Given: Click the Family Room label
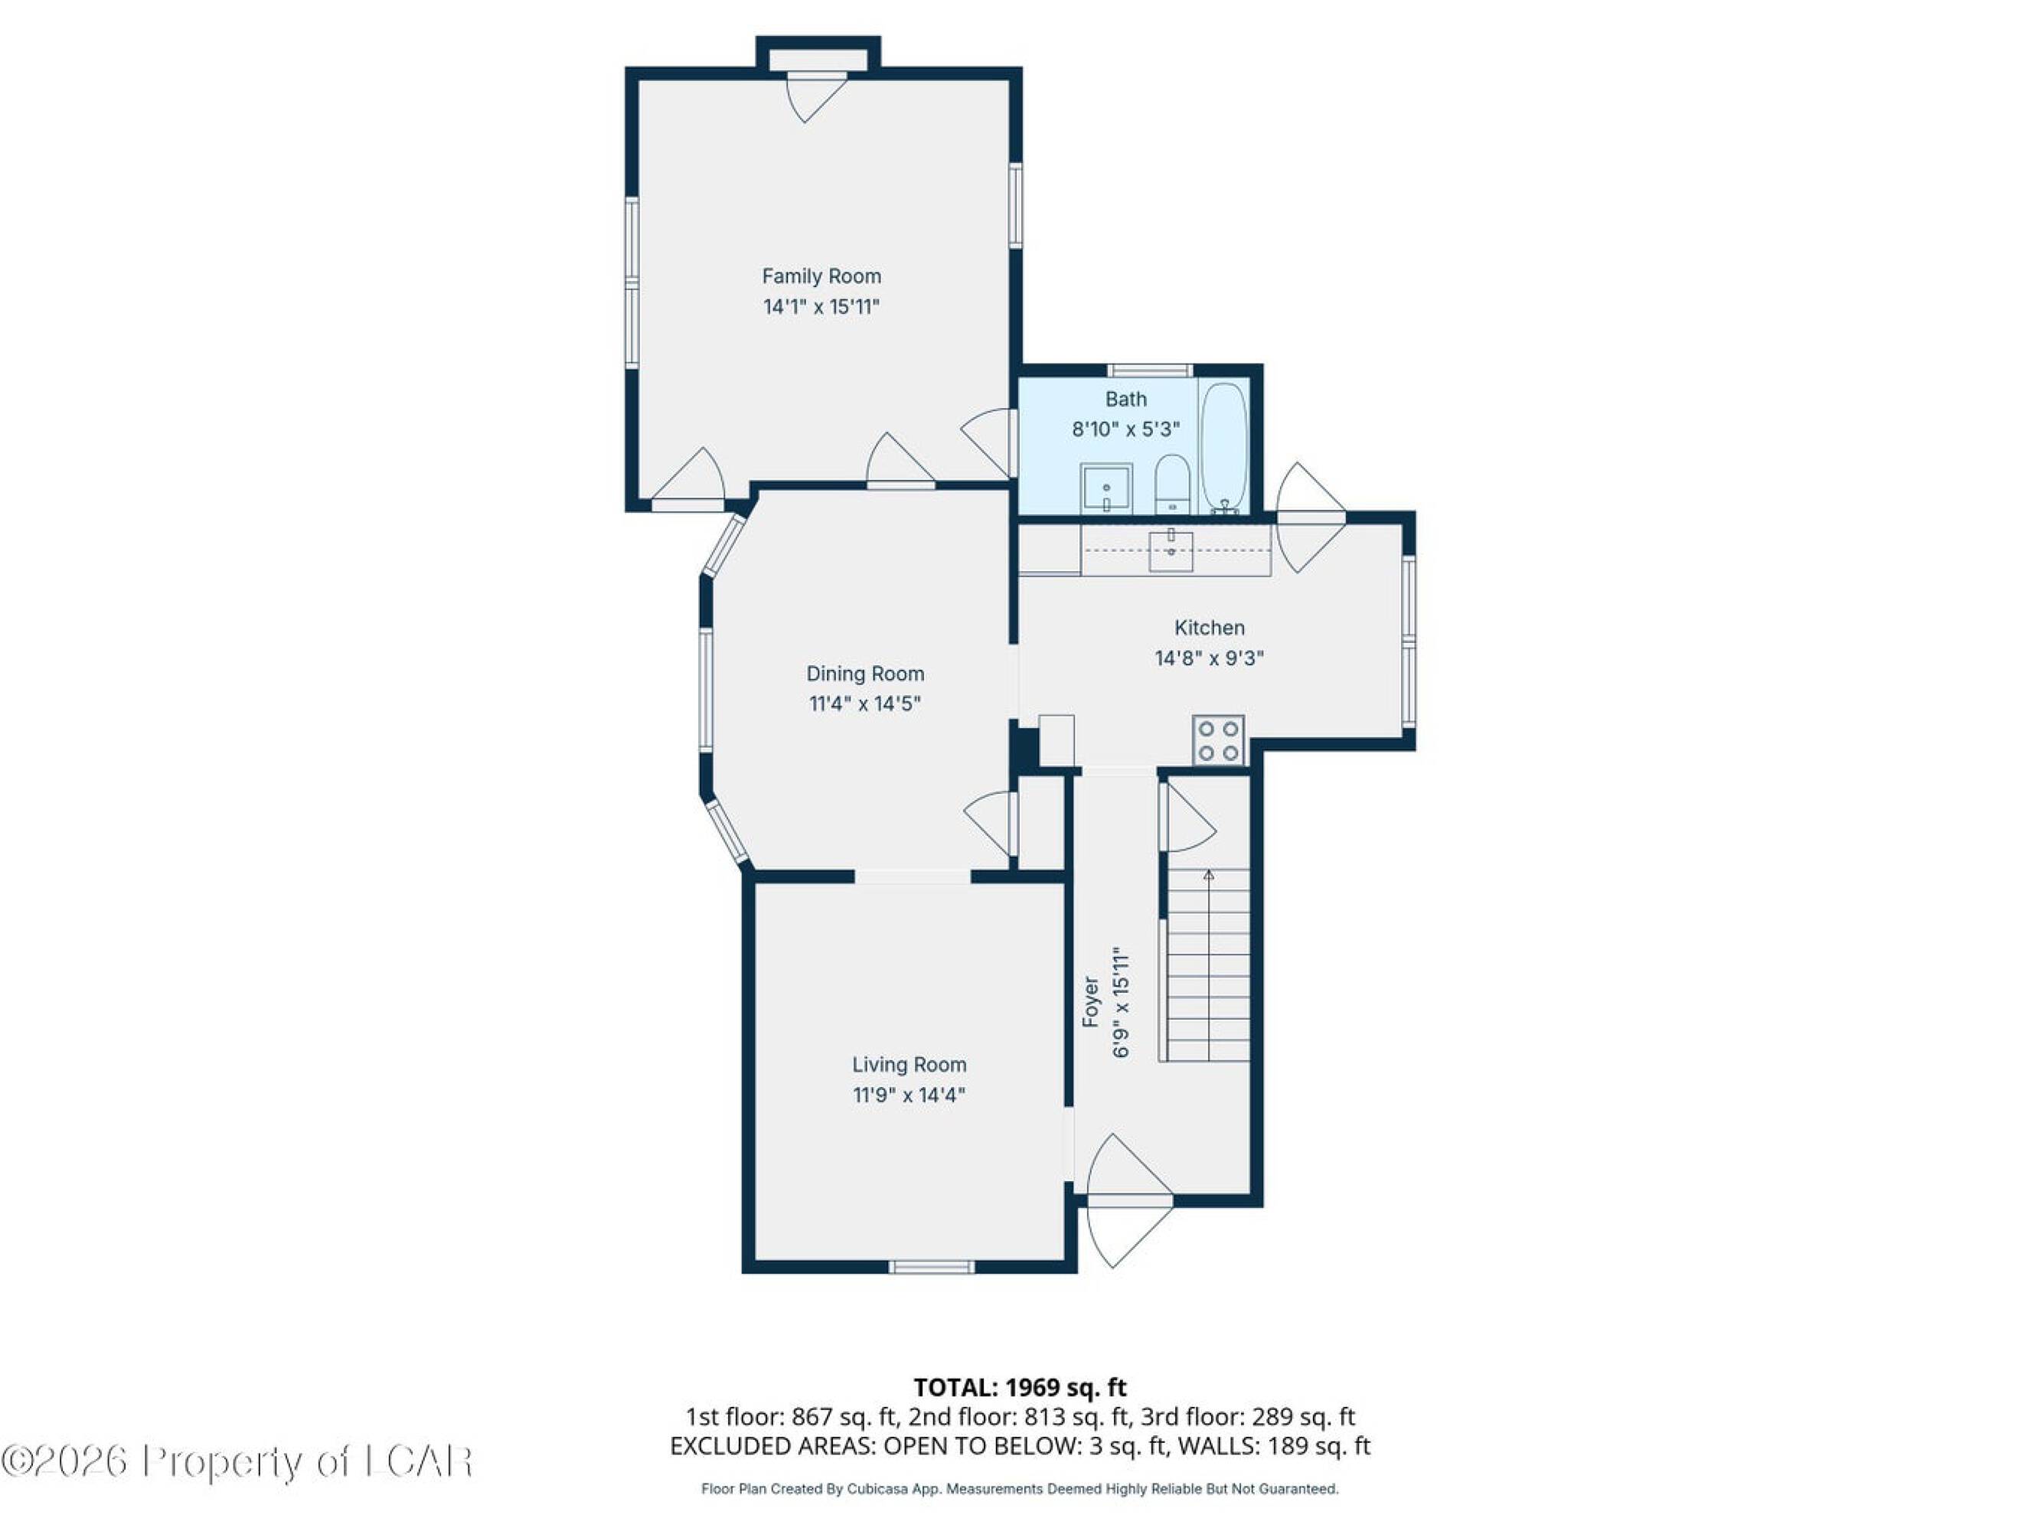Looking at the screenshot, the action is tap(821, 276).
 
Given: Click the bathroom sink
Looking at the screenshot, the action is tap(1106, 488).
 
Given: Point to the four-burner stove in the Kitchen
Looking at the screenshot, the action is tap(1218, 740).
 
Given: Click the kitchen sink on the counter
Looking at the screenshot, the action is tap(1171, 551).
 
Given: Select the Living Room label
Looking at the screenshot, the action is tap(909, 1064).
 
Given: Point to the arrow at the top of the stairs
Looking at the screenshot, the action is tap(1209, 875).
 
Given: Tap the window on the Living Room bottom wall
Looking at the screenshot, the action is tap(931, 1267).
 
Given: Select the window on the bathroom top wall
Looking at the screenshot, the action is tap(1150, 371).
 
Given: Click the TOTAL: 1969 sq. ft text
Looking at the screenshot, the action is tap(1020, 1387).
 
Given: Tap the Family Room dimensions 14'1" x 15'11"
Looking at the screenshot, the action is tap(821, 306).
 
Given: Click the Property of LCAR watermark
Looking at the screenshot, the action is tap(237, 1461).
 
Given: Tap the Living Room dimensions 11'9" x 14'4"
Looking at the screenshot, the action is tap(909, 1095).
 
